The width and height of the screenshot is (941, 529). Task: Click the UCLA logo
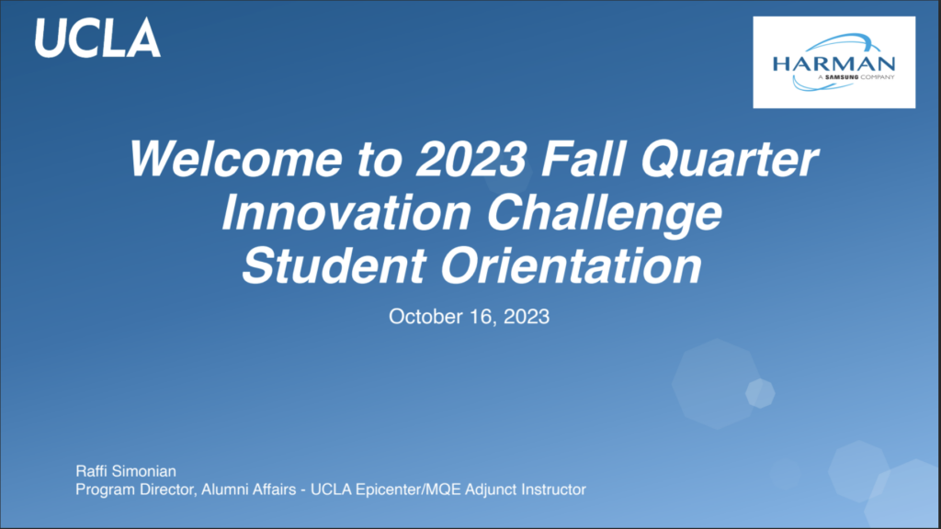(x=97, y=37)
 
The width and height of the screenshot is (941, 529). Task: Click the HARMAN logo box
(x=834, y=62)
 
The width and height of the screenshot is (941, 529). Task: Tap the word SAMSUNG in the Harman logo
(x=842, y=77)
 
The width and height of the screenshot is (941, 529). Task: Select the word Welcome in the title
(x=235, y=158)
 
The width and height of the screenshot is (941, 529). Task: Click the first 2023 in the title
(x=471, y=158)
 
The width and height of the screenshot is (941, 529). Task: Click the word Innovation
(x=346, y=212)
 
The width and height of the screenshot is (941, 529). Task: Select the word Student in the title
(x=334, y=265)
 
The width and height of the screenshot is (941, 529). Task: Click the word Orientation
(x=572, y=265)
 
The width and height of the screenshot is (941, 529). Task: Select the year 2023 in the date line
(x=527, y=316)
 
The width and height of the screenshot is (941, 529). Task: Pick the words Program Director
(x=136, y=490)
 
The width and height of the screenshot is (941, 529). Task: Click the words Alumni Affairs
(x=248, y=490)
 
